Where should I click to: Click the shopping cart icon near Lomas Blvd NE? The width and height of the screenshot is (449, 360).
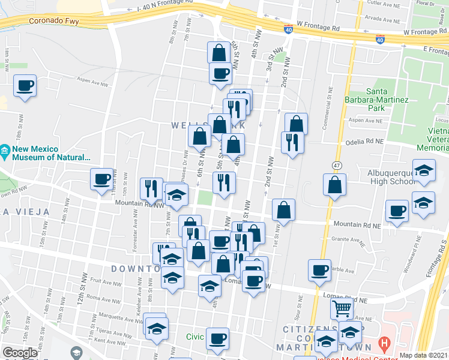click(x=342, y=309)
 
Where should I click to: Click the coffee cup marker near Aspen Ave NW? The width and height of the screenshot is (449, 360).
click(x=25, y=86)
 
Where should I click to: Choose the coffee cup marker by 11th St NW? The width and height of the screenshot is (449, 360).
click(x=101, y=178)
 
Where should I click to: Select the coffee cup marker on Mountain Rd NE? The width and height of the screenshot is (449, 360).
click(x=397, y=211)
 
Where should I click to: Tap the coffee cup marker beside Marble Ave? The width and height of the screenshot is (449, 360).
click(x=320, y=270)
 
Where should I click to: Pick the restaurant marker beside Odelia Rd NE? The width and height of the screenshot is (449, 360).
click(x=292, y=143)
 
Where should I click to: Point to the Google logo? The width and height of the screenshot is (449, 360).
click(x=20, y=353)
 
